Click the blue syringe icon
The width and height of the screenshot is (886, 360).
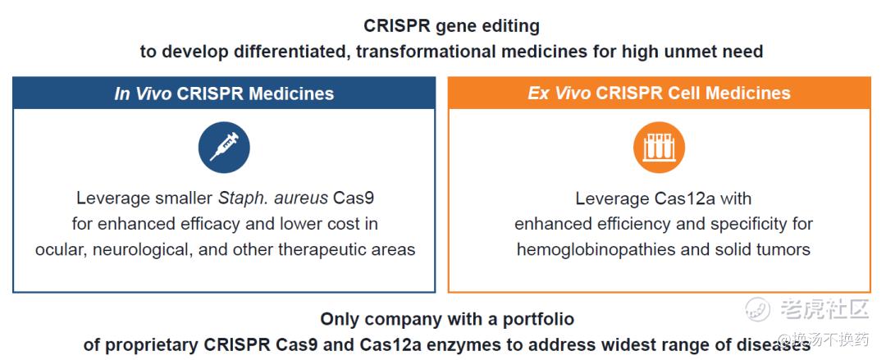click(x=224, y=147)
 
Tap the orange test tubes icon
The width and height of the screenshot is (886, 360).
click(x=659, y=147)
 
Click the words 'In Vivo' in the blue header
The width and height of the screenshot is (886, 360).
click(x=143, y=93)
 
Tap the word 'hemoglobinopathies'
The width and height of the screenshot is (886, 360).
click(x=596, y=249)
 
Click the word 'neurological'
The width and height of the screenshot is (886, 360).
click(x=143, y=249)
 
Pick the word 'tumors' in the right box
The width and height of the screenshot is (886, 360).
click(x=783, y=249)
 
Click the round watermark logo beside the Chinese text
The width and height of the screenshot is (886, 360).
click(x=758, y=309)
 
